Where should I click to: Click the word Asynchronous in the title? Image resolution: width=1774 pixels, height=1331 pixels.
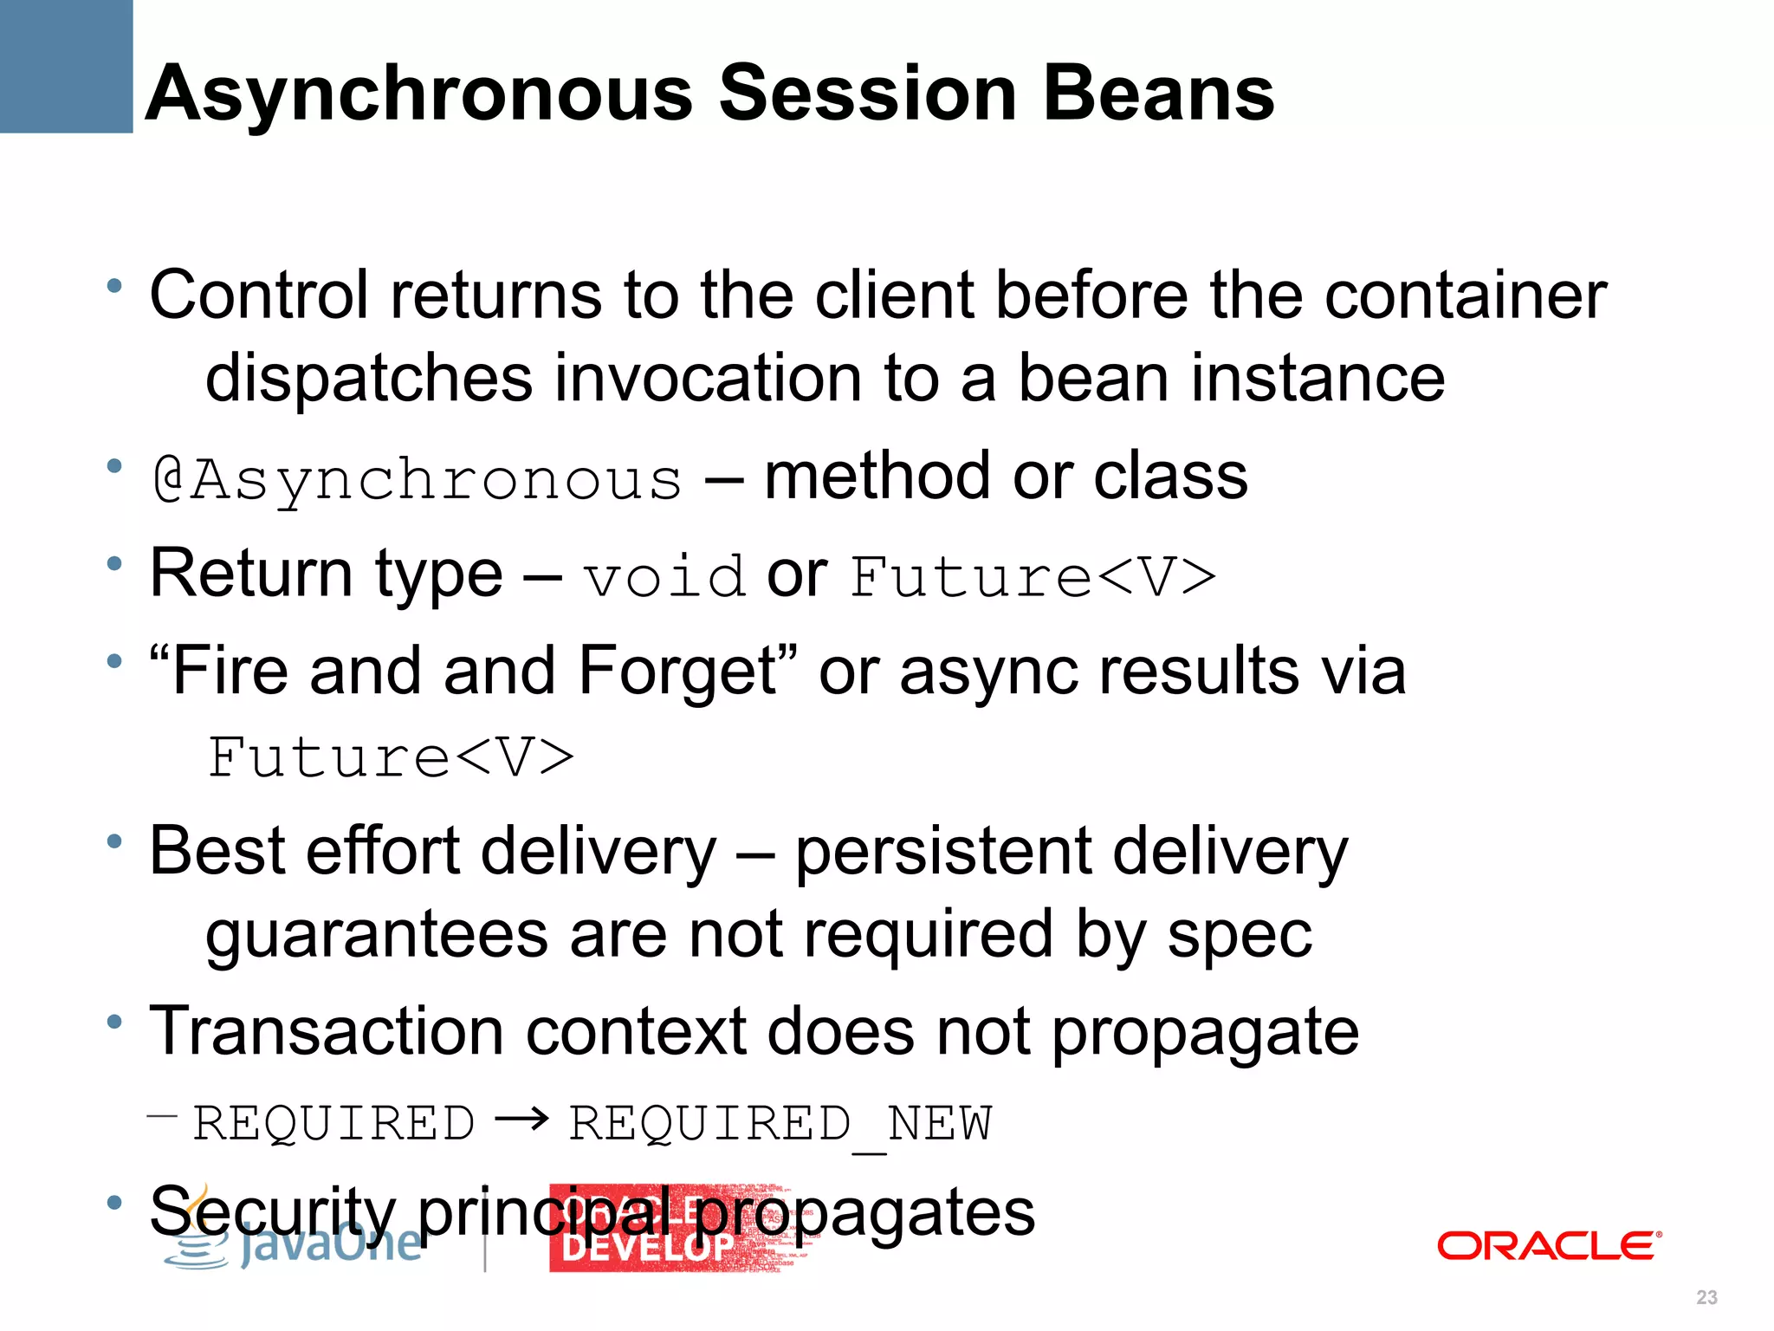pos(419,94)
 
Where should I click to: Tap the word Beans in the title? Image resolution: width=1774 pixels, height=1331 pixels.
pos(1158,94)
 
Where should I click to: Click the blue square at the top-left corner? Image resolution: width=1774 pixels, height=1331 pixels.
pos(66,66)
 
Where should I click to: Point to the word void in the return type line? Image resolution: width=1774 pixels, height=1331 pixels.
pos(664,577)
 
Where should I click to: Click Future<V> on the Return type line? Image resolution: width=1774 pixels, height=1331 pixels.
pos(1033,577)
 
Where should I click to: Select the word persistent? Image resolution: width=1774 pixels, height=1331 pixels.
pos(942,853)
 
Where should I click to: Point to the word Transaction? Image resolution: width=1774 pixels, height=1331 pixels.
pos(326,1032)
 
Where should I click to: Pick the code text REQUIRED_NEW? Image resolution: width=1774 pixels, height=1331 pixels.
pos(780,1125)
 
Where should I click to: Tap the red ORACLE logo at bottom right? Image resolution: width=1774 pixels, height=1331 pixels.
pos(1549,1246)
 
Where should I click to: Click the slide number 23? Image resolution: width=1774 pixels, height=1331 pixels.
pos(1706,1297)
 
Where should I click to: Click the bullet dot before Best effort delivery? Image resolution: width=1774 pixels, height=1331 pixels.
pos(114,841)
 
